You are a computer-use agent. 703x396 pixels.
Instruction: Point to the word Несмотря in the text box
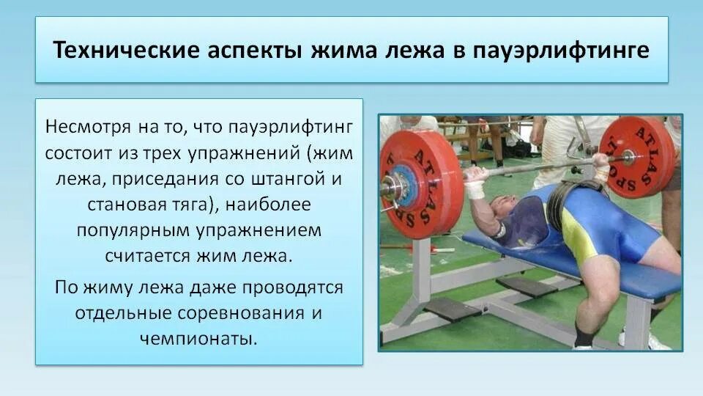click(88, 127)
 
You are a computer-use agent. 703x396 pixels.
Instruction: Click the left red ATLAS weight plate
click(420, 183)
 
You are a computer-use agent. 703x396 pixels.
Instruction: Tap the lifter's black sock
click(584, 335)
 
